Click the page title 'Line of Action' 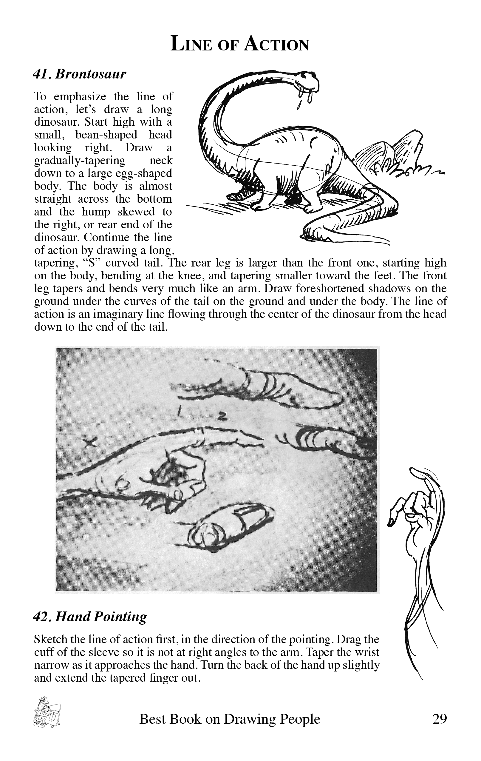(239, 44)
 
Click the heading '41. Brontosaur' (80, 74)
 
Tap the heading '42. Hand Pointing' (90, 617)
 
